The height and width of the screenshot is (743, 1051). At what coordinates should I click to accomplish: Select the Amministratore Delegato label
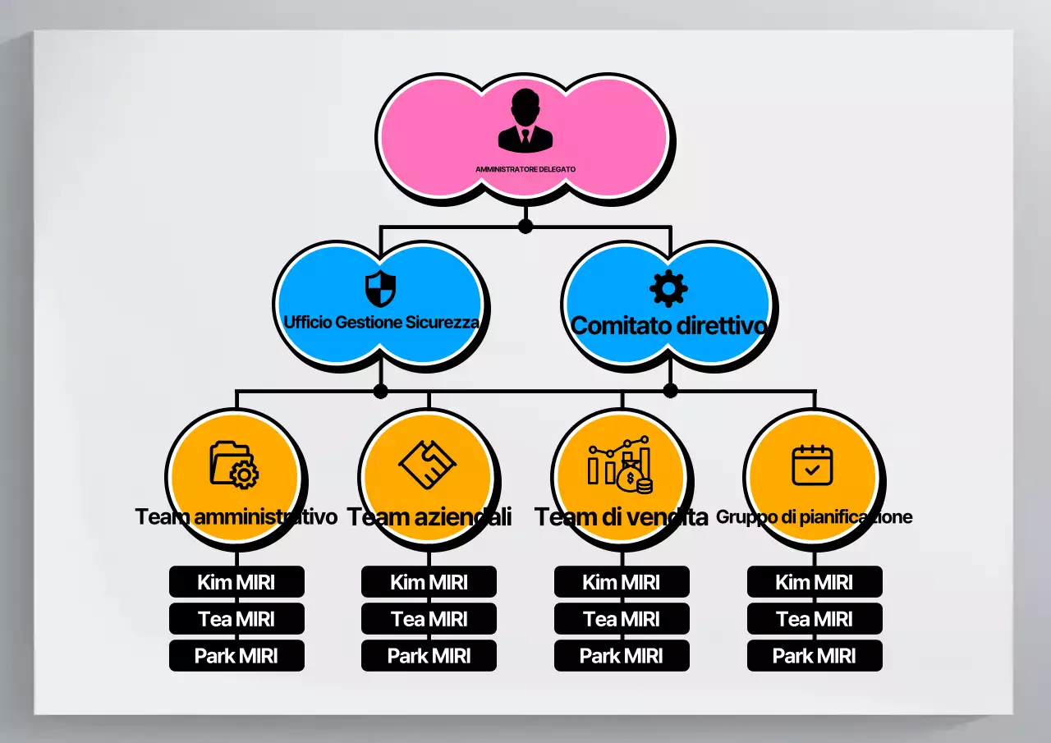click(525, 169)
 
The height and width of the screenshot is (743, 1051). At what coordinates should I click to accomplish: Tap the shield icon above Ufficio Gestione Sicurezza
click(380, 288)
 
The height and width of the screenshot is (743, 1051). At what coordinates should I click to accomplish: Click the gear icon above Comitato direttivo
click(669, 288)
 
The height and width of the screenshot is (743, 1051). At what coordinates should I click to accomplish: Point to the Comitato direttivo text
click(669, 326)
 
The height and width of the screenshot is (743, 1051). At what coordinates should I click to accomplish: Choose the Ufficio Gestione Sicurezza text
click(381, 322)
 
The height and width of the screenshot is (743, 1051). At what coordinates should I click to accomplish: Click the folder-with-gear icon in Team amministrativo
click(235, 465)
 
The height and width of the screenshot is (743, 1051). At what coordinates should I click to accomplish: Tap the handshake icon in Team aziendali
click(428, 465)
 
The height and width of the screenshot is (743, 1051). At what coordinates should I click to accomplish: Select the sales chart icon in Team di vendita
click(621, 466)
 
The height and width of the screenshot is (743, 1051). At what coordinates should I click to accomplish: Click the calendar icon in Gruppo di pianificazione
click(813, 465)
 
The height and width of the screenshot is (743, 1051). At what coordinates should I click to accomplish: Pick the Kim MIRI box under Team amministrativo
click(236, 582)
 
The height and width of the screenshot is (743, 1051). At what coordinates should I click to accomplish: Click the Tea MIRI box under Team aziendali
click(429, 619)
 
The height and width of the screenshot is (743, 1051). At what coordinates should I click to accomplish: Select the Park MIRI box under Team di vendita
click(622, 656)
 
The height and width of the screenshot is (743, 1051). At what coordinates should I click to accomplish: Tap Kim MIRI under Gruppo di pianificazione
click(815, 582)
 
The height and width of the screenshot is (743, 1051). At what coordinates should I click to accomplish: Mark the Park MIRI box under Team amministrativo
click(236, 656)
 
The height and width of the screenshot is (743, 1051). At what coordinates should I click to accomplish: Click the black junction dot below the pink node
click(525, 226)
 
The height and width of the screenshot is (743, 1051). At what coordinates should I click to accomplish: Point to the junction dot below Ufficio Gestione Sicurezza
click(380, 391)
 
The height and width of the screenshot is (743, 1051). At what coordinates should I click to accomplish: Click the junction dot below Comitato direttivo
click(670, 390)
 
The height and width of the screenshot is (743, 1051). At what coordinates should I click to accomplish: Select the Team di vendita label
click(622, 517)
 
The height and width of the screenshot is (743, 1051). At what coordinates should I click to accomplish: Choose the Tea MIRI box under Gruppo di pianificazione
click(815, 619)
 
